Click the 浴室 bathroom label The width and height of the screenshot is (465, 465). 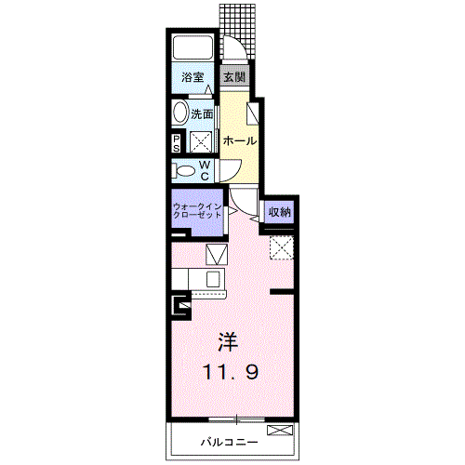[x=193, y=77]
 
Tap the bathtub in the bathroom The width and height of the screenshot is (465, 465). [x=193, y=47]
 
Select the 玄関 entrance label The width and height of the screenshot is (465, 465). [x=234, y=76]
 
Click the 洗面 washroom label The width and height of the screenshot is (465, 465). [x=202, y=114]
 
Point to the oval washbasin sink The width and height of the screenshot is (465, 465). [x=180, y=113]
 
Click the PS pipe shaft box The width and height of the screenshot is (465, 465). [x=177, y=143]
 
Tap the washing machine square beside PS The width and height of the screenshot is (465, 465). [x=201, y=142]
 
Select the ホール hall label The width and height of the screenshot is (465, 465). [x=240, y=141]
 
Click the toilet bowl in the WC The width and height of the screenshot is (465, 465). [x=184, y=171]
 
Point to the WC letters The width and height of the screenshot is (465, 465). [x=205, y=170]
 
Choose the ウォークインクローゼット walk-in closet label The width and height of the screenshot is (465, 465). [x=197, y=211]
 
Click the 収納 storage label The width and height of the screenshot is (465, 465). [x=280, y=212]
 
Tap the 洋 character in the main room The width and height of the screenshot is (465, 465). [x=228, y=342]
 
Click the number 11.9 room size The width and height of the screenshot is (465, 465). [x=231, y=372]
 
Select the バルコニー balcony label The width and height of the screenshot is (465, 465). [x=229, y=442]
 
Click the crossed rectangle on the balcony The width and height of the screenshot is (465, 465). [x=280, y=430]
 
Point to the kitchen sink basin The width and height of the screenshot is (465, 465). [x=213, y=278]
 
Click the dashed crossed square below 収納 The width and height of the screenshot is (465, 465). [x=282, y=247]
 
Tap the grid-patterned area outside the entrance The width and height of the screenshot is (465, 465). [x=237, y=31]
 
